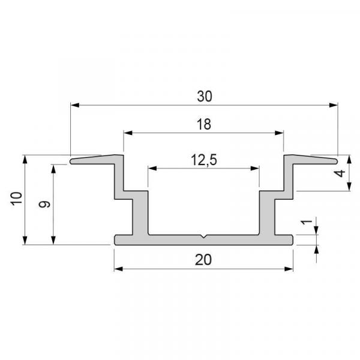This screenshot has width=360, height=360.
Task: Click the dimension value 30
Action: coord(205,96)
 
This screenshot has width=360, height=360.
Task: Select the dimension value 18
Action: coord(203,124)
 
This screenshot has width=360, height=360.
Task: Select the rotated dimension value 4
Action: coord(340,173)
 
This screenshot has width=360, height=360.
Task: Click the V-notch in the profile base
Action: coord(204,237)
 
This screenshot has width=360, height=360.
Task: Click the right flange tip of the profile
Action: coord(337,160)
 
